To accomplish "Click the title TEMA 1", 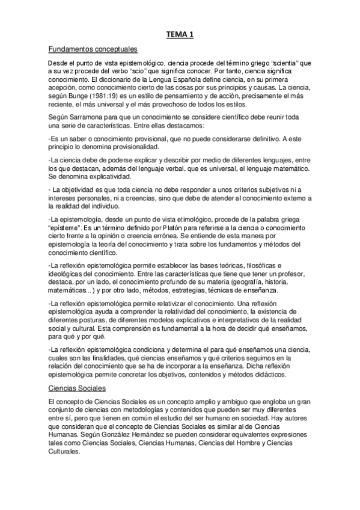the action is (x=180, y=36).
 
